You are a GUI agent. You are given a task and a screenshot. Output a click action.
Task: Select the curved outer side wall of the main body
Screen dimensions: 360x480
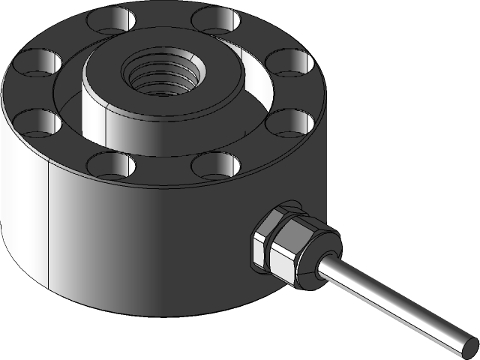click(150, 247)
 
